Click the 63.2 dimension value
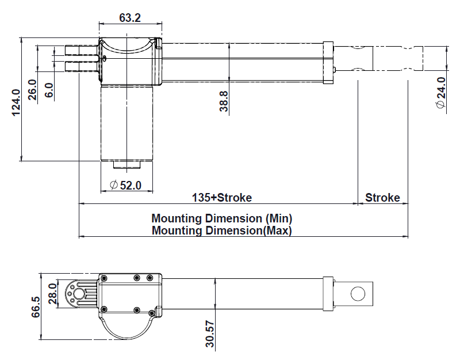pyautogui.click(x=130, y=17)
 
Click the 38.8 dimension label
pyautogui.click(x=224, y=101)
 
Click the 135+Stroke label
pyautogui.click(x=221, y=198)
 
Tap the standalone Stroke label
pyautogui.click(x=382, y=198)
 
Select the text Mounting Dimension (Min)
pyautogui.click(x=222, y=219)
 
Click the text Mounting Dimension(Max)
pyautogui.click(x=222, y=230)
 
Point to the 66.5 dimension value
pyautogui.click(x=36, y=307)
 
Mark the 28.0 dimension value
pyautogui.click(x=53, y=293)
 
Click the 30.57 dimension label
pyautogui.click(x=210, y=335)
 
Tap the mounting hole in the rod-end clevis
pyautogui.click(x=357, y=294)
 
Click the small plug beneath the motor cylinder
pyautogui.click(x=126, y=165)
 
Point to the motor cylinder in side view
pyautogui.click(x=128, y=121)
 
